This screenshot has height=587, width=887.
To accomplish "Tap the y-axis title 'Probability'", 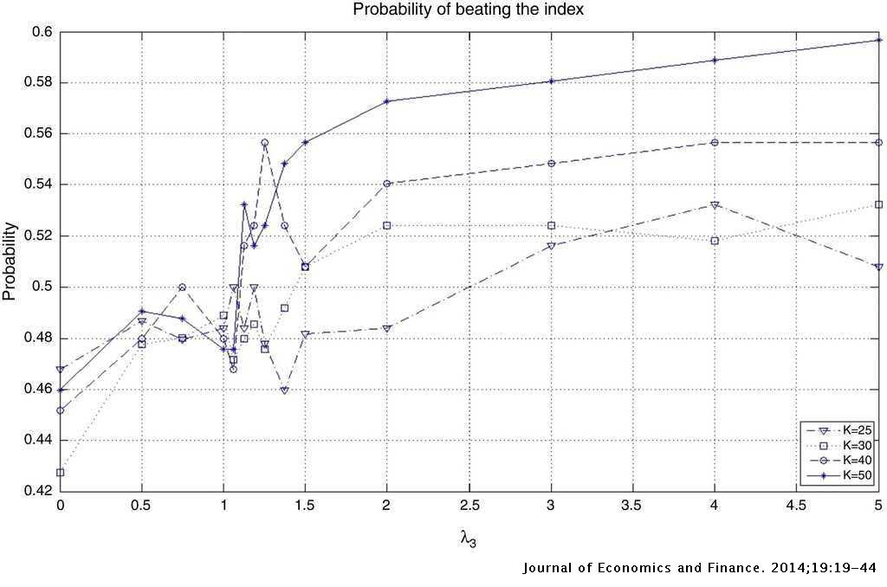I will point(10,261).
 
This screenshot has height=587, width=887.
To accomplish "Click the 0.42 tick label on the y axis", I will point(39,491).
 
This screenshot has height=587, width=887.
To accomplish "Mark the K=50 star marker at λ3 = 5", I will point(878,40).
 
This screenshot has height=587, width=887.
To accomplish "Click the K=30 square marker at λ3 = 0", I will point(61,473).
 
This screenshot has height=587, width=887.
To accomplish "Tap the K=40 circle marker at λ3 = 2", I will point(387,184).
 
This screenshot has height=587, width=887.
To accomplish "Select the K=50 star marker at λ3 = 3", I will point(551,81).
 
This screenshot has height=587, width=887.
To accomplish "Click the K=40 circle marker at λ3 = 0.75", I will point(183,287).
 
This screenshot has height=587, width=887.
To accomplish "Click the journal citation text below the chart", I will point(700,569).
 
